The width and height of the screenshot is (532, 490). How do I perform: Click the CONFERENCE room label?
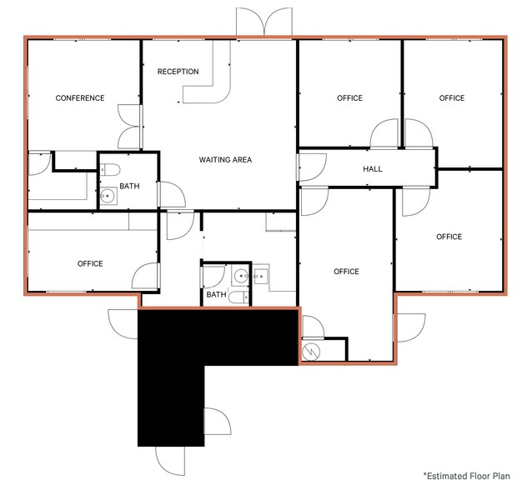pos(80,98)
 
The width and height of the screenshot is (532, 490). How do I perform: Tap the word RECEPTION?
pos(178,72)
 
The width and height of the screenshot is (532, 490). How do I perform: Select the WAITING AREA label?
pos(225,160)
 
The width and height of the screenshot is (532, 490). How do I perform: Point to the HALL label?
pos(373,169)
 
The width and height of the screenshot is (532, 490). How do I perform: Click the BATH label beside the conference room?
pos(129,186)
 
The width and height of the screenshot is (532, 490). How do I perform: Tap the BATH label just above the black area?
pos(216,295)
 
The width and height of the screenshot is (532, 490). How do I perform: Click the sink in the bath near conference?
pos(108,197)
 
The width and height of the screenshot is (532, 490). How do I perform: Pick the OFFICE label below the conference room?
pos(90,264)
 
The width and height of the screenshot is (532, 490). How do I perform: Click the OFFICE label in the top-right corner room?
pos(452,98)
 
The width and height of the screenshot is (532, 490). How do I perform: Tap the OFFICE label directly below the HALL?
pos(346,272)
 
